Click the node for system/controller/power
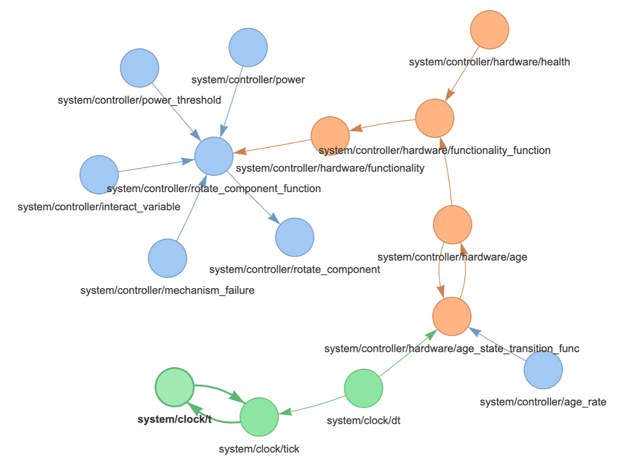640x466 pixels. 248,47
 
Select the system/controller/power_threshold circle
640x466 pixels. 140,68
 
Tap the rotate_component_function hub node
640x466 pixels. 214,156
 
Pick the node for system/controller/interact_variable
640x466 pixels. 99,174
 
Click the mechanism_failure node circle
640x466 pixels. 167,258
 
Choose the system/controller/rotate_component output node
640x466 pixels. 294,237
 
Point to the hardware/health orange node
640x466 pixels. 490,30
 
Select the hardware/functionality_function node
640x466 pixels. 435,118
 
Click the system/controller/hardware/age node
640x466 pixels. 452,225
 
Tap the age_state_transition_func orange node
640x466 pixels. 452,316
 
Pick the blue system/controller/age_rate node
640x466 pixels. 543,370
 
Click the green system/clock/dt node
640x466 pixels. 364,388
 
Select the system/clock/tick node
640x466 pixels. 259,417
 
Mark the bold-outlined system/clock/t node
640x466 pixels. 175,387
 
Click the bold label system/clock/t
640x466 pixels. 175,419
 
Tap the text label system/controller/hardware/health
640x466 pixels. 489,62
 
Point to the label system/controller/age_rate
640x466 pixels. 543,402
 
